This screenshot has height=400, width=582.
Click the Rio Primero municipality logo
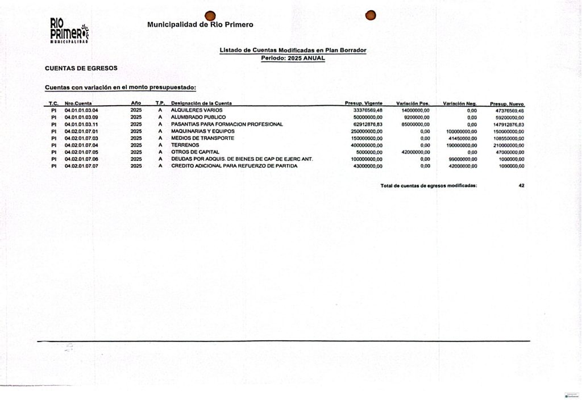pos(69,31)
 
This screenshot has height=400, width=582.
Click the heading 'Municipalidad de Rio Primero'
pos(200,24)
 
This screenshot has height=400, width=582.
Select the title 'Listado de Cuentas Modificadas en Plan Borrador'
pos(293,51)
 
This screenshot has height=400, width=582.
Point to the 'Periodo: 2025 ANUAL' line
pos(293,58)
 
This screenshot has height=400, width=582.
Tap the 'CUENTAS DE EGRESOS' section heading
pos(81,68)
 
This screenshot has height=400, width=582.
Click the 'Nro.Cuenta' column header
pos(78,103)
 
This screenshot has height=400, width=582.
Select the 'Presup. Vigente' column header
pos(364,103)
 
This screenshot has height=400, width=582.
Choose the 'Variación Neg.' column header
pos(459,103)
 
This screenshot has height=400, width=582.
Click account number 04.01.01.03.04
pos(81,110)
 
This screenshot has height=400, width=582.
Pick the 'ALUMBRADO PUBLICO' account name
pos(198,117)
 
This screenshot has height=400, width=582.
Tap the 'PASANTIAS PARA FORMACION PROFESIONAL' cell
pos(227,124)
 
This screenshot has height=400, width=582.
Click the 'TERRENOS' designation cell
pos(185,145)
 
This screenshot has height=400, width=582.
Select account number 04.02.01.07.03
pos(81,138)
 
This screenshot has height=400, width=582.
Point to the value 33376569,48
pos(368,110)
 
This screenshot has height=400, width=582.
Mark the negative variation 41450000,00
pos(460,138)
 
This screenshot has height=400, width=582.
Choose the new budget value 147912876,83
pos(508,124)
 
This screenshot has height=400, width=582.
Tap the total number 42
pos(521,186)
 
